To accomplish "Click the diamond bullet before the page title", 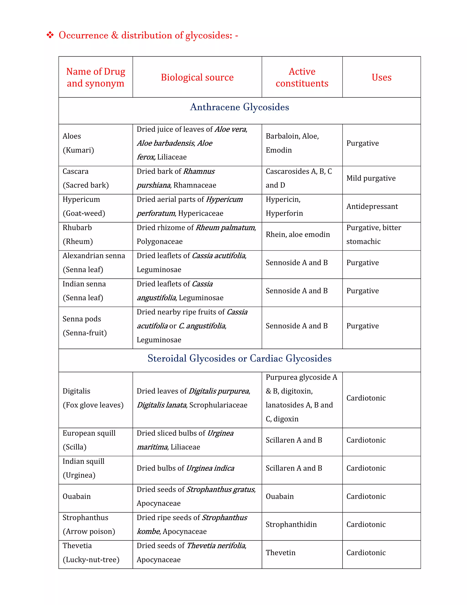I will click(x=50, y=35).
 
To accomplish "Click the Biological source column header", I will click(x=197, y=77).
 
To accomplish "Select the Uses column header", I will click(x=381, y=77).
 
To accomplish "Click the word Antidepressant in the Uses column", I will click(x=372, y=206).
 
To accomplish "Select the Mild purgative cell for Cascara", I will click(x=371, y=178).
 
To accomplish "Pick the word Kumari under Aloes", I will click(x=78, y=150).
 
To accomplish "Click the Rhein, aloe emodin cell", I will click(x=298, y=235).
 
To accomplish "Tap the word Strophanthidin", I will click(x=291, y=524).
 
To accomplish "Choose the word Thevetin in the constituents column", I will click(x=280, y=553).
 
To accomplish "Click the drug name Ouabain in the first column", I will click(x=77, y=496).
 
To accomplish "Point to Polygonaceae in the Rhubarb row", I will click(x=159, y=242).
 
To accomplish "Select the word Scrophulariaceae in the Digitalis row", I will click(x=218, y=405).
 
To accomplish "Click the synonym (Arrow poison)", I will click(x=88, y=531).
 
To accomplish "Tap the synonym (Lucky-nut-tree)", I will click(x=91, y=560).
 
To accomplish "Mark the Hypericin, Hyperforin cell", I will click(x=284, y=206).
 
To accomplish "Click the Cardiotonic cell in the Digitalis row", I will click(x=366, y=398).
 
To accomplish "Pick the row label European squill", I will click(x=89, y=433).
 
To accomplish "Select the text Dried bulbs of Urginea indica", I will click(x=185, y=468).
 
